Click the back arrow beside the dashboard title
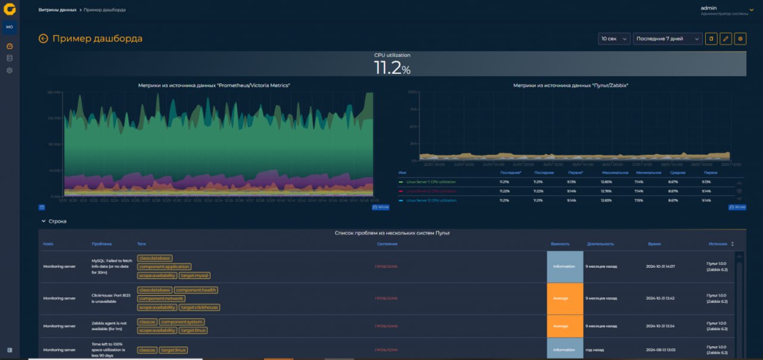(43, 39)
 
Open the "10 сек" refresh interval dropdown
(614, 39)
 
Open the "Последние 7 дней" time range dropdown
(667, 39)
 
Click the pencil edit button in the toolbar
(725, 39)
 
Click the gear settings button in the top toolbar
(740, 39)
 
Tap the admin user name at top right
(708, 8)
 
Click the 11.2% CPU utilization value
(392, 68)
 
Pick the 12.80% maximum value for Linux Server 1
(606, 181)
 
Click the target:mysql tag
(194, 275)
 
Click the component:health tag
(196, 290)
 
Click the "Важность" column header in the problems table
(560, 244)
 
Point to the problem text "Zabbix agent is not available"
(108, 326)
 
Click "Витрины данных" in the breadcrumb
(57, 10)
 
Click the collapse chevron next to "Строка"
(44, 221)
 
